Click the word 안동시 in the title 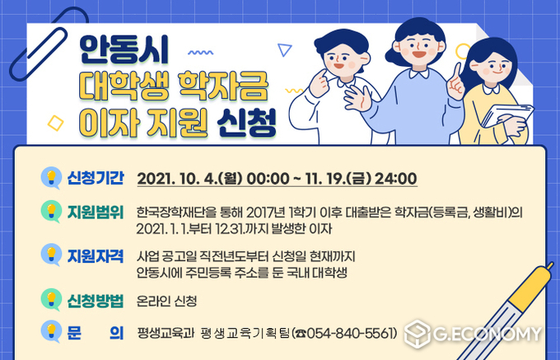tap(124, 51)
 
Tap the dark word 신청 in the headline tap(247, 123)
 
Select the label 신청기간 tap(96, 178)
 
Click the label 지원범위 tap(96, 213)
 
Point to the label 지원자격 tap(96, 256)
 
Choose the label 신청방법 tap(96, 301)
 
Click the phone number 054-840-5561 tap(352, 333)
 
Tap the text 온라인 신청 tap(166, 301)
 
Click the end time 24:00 tap(396, 179)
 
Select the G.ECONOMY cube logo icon tap(418, 334)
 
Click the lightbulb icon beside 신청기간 tap(51, 178)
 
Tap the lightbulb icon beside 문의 tap(51, 331)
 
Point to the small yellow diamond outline tap(55, 123)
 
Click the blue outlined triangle tap(284, 49)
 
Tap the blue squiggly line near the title tap(200, 53)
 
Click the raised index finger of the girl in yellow tap(457, 72)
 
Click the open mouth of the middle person tap(419, 54)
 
